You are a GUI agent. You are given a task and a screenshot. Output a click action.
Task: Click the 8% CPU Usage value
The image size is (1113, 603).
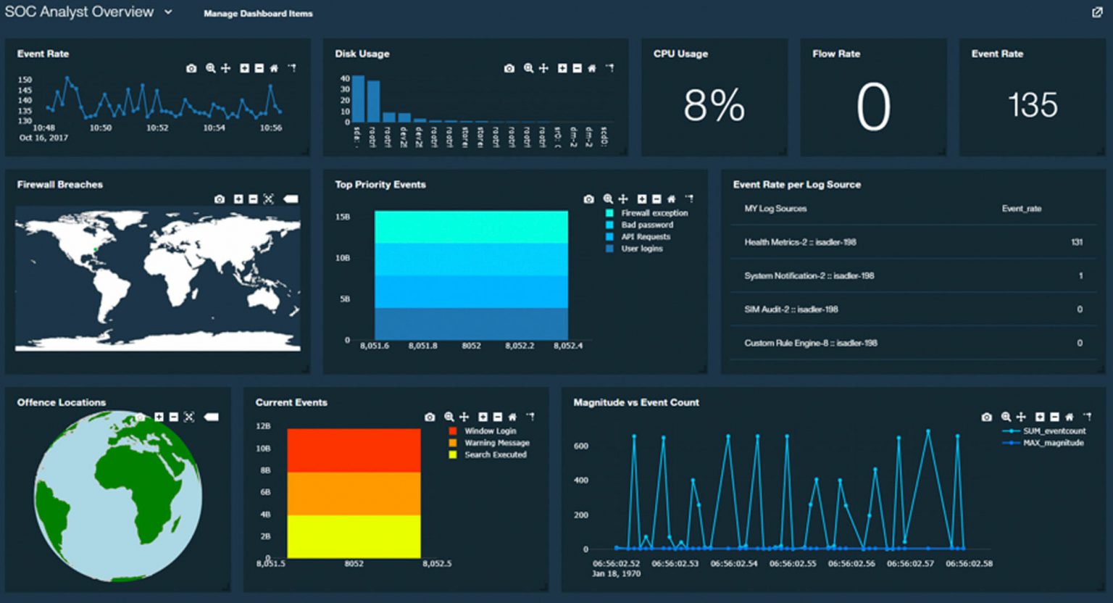click(x=714, y=106)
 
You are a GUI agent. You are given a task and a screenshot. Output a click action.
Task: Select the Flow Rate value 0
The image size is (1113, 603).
click(x=872, y=107)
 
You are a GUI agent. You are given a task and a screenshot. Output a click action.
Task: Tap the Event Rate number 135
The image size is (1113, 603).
click(x=1033, y=105)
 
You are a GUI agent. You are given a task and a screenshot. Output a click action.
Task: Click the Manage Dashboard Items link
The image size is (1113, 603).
click(x=258, y=14)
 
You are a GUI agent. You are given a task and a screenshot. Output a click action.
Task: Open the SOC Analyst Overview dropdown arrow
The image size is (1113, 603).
click(x=168, y=12)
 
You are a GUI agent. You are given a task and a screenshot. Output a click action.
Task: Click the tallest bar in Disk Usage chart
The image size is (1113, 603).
click(x=358, y=99)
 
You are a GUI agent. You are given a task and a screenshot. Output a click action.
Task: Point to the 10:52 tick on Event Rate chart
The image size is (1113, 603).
click(x=157, y=128)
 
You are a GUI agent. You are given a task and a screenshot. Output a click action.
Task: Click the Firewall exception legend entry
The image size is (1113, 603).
click(x=654, y=213)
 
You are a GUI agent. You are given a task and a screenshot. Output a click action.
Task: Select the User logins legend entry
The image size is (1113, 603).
click(x=641, y=249)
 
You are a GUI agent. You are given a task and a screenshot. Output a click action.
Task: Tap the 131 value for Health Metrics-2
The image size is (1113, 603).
click(x=1077, y=242)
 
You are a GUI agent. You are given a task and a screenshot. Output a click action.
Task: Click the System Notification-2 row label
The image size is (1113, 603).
click(x=809, y=276)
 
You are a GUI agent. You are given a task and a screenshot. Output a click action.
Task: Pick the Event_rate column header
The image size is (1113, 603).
click(x=1021, y=209)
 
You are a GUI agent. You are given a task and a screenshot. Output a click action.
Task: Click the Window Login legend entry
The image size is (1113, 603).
click(x=490, y=431)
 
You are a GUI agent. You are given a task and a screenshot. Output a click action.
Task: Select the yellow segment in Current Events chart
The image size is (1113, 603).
click(x=354, y=536)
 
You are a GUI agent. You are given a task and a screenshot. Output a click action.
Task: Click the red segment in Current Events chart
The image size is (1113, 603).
click(x=354, y=450)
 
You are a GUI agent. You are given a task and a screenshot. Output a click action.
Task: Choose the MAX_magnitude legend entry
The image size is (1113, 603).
click(x=1053, y=443)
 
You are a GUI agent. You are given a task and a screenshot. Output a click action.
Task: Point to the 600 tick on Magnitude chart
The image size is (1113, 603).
click(x=581, y=446)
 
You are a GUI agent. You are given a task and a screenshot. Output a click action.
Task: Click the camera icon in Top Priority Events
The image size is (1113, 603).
click(x=588, y=199)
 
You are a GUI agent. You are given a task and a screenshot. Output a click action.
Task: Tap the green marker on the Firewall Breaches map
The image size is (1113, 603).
click(x=95, y=251)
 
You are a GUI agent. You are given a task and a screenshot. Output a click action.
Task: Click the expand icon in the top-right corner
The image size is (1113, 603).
click(x=1097, y=12)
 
